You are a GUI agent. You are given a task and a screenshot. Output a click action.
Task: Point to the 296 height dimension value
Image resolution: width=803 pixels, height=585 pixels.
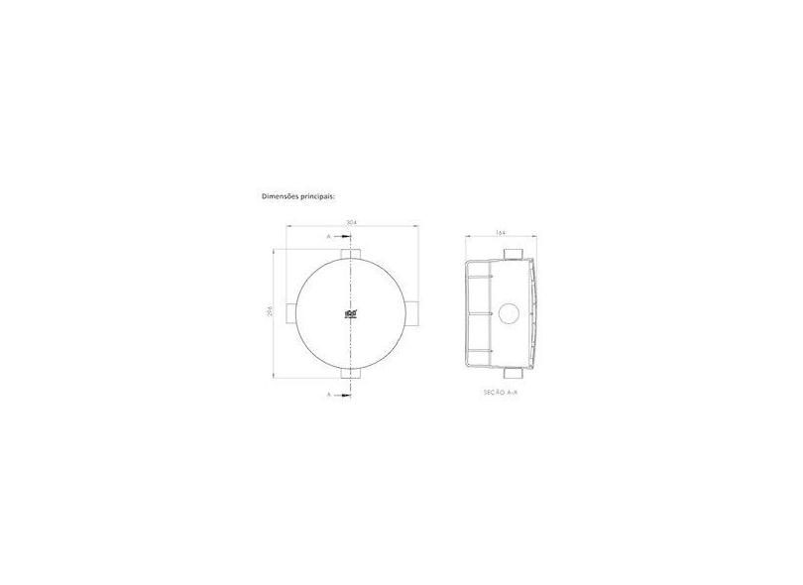click(x=272, y=313)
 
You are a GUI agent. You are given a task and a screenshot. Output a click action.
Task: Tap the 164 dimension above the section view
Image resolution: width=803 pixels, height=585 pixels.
click(x=502, y=233)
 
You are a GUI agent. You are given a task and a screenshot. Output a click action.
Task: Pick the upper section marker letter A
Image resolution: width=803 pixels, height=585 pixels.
click(x=328, y=238)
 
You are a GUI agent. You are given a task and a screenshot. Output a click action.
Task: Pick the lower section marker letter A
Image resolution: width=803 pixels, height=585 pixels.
click(x=328, y=394)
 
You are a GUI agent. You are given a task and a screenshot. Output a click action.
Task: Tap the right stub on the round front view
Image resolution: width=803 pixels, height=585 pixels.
click(x=415, y=314)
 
